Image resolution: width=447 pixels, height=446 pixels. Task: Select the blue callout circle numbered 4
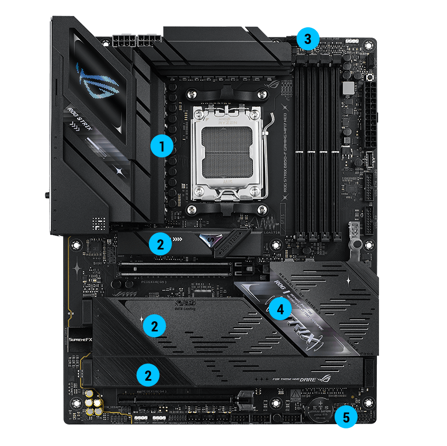click(x=280, y=308)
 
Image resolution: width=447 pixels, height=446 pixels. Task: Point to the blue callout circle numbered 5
click(x=346, y=417)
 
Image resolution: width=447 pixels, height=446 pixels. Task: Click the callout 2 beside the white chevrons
click(x=160, y=245)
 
